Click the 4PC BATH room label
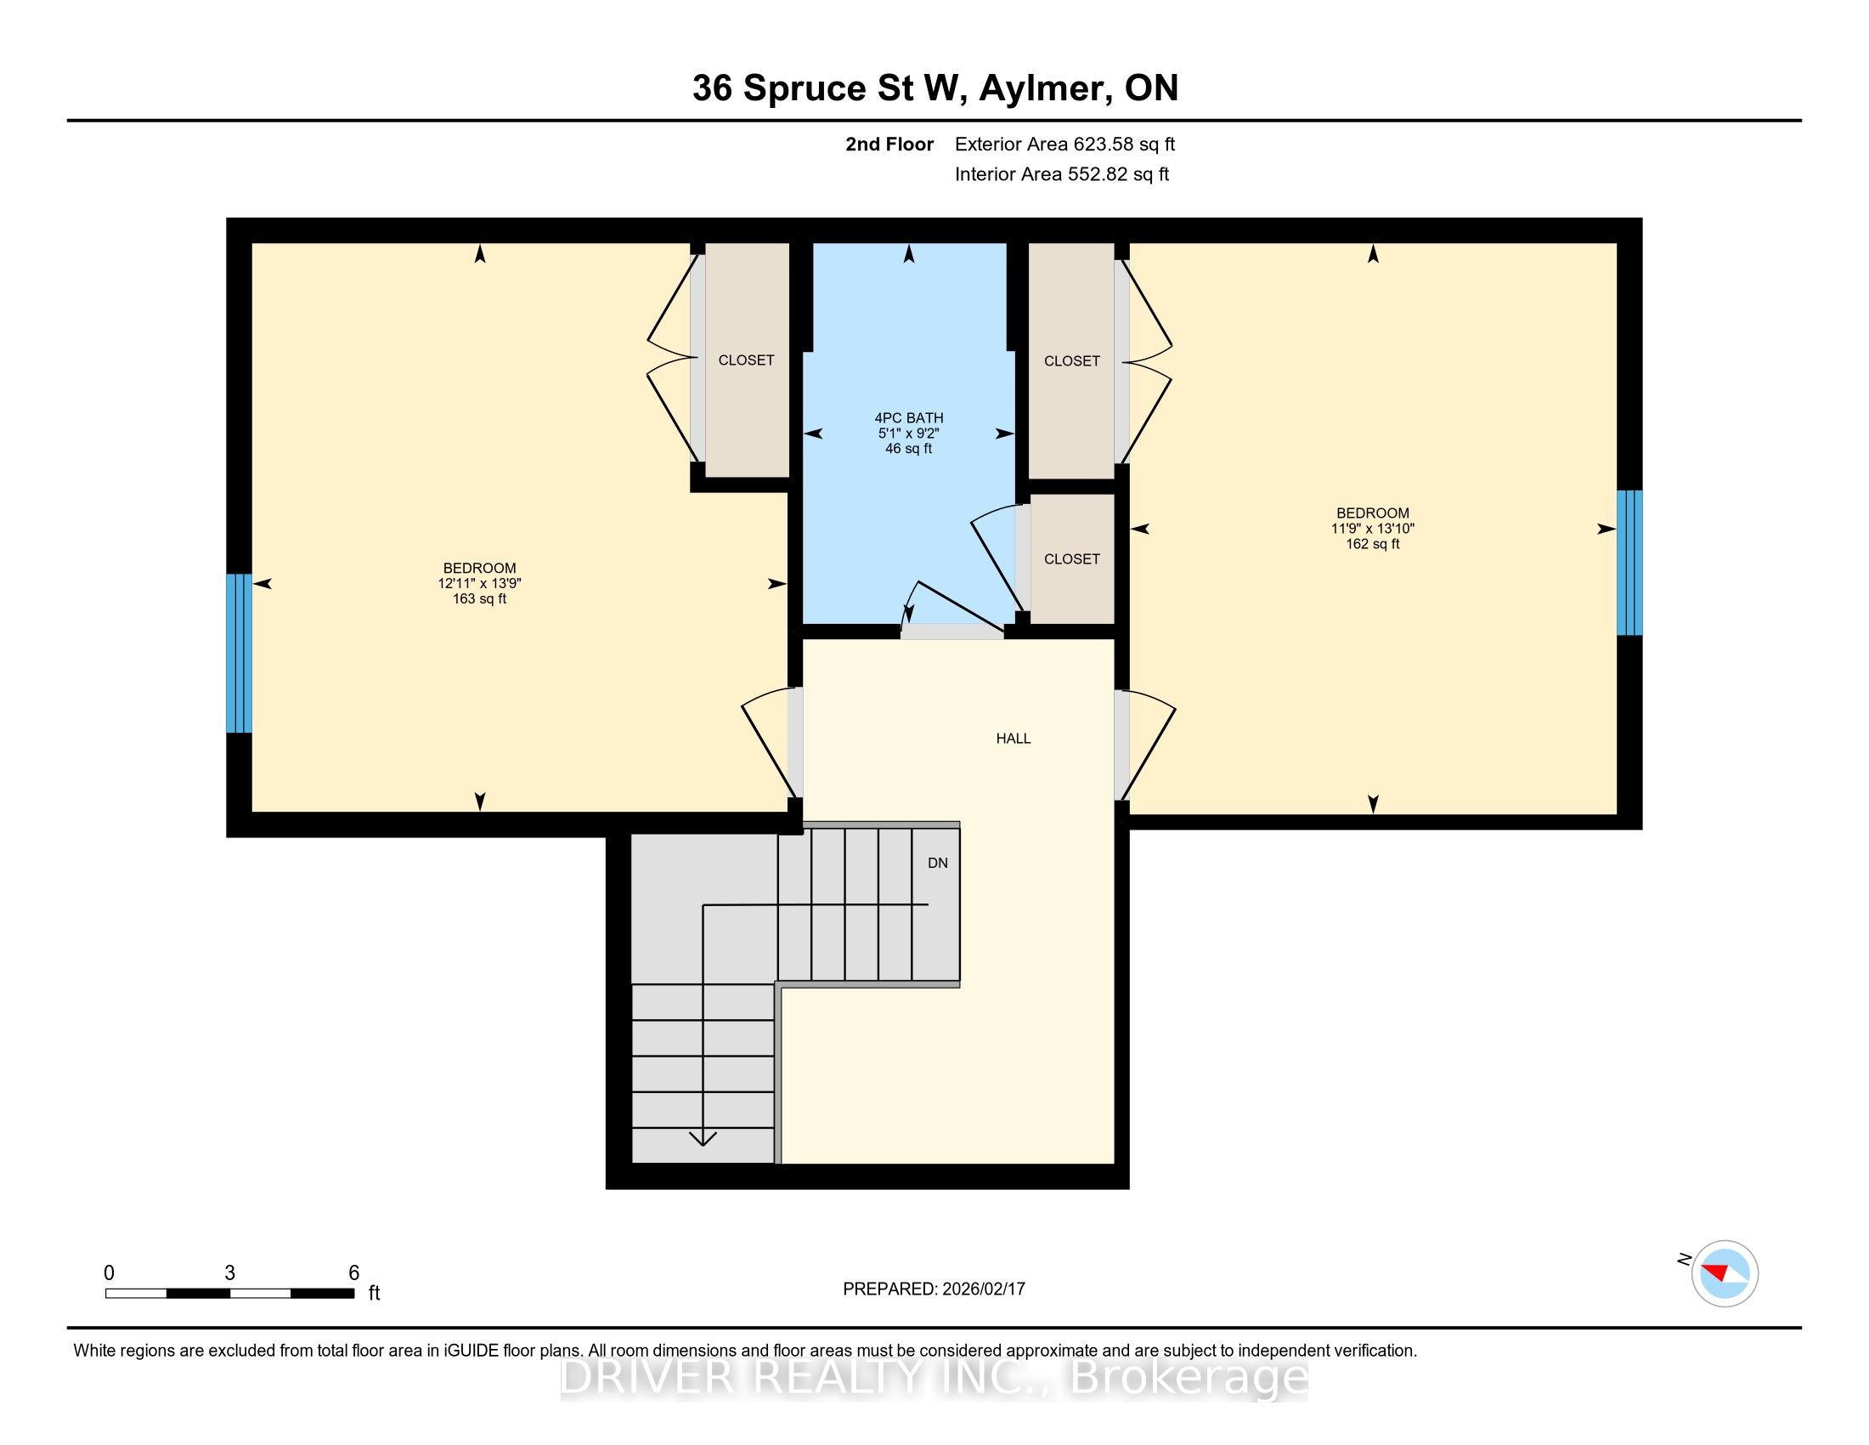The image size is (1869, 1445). point(909,417)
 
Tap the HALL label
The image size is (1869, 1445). point(1014,739)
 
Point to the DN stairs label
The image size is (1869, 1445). point(938,863)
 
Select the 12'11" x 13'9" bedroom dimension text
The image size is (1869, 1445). point(480,584)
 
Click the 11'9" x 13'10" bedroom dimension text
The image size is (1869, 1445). point(1373,529)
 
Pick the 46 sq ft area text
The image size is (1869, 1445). point(909,449)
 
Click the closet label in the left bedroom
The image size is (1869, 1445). point(746,360)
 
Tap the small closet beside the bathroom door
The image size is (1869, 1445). point(1072,559)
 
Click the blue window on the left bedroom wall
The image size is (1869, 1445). point(239,653)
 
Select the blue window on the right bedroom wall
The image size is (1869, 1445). point(1629,563)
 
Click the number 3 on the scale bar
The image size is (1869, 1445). point(229,1273)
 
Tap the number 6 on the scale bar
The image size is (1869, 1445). point(353,1273)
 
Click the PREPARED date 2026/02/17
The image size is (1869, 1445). point(983,1289)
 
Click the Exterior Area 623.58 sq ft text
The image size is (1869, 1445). point(1065,144)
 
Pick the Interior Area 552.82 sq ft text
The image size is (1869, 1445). point(1062,174)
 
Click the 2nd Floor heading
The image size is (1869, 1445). point(889,144)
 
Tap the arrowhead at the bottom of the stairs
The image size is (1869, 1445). point(703,1138)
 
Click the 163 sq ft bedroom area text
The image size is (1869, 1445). point(480,599)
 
